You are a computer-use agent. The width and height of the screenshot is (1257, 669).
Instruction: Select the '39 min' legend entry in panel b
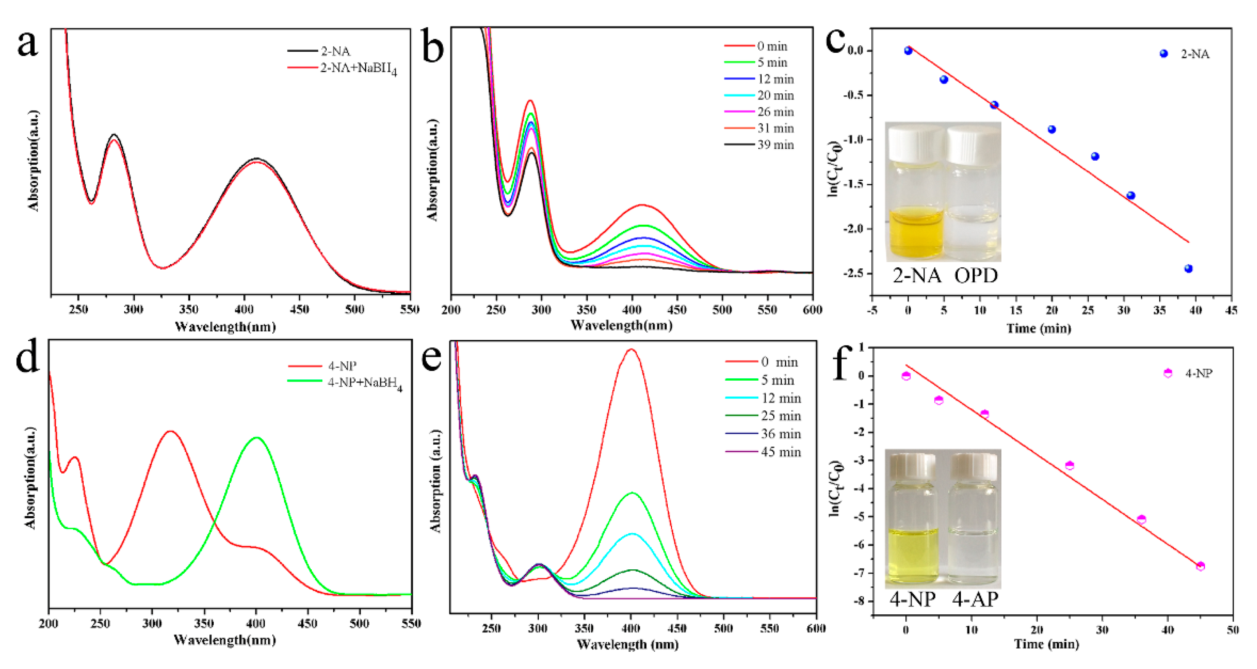point(775,145)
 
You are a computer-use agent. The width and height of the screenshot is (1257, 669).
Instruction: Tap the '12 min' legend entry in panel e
point(780,398)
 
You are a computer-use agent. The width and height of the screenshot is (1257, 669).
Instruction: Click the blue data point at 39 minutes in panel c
point(1188,269)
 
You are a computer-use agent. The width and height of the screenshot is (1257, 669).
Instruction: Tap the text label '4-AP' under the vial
point(975,599)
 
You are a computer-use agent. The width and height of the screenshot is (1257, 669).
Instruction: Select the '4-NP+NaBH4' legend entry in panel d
point(364,383)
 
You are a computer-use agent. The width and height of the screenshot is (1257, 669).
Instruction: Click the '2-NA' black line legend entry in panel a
point(335,51)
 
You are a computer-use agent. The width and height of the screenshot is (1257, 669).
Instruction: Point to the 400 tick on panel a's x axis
point(244,309)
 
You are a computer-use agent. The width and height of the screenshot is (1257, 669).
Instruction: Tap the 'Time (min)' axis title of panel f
point(1046,644)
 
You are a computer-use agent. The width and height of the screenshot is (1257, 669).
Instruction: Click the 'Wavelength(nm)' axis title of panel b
point(621,325)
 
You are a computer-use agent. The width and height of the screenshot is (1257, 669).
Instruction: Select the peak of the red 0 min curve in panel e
point(631,349)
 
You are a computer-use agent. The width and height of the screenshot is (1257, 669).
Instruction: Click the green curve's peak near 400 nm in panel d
point(256,438)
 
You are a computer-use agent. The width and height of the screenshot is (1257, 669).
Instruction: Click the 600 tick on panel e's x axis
point(815,628)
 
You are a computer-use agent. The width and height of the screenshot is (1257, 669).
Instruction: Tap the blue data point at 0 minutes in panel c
point(908,51)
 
